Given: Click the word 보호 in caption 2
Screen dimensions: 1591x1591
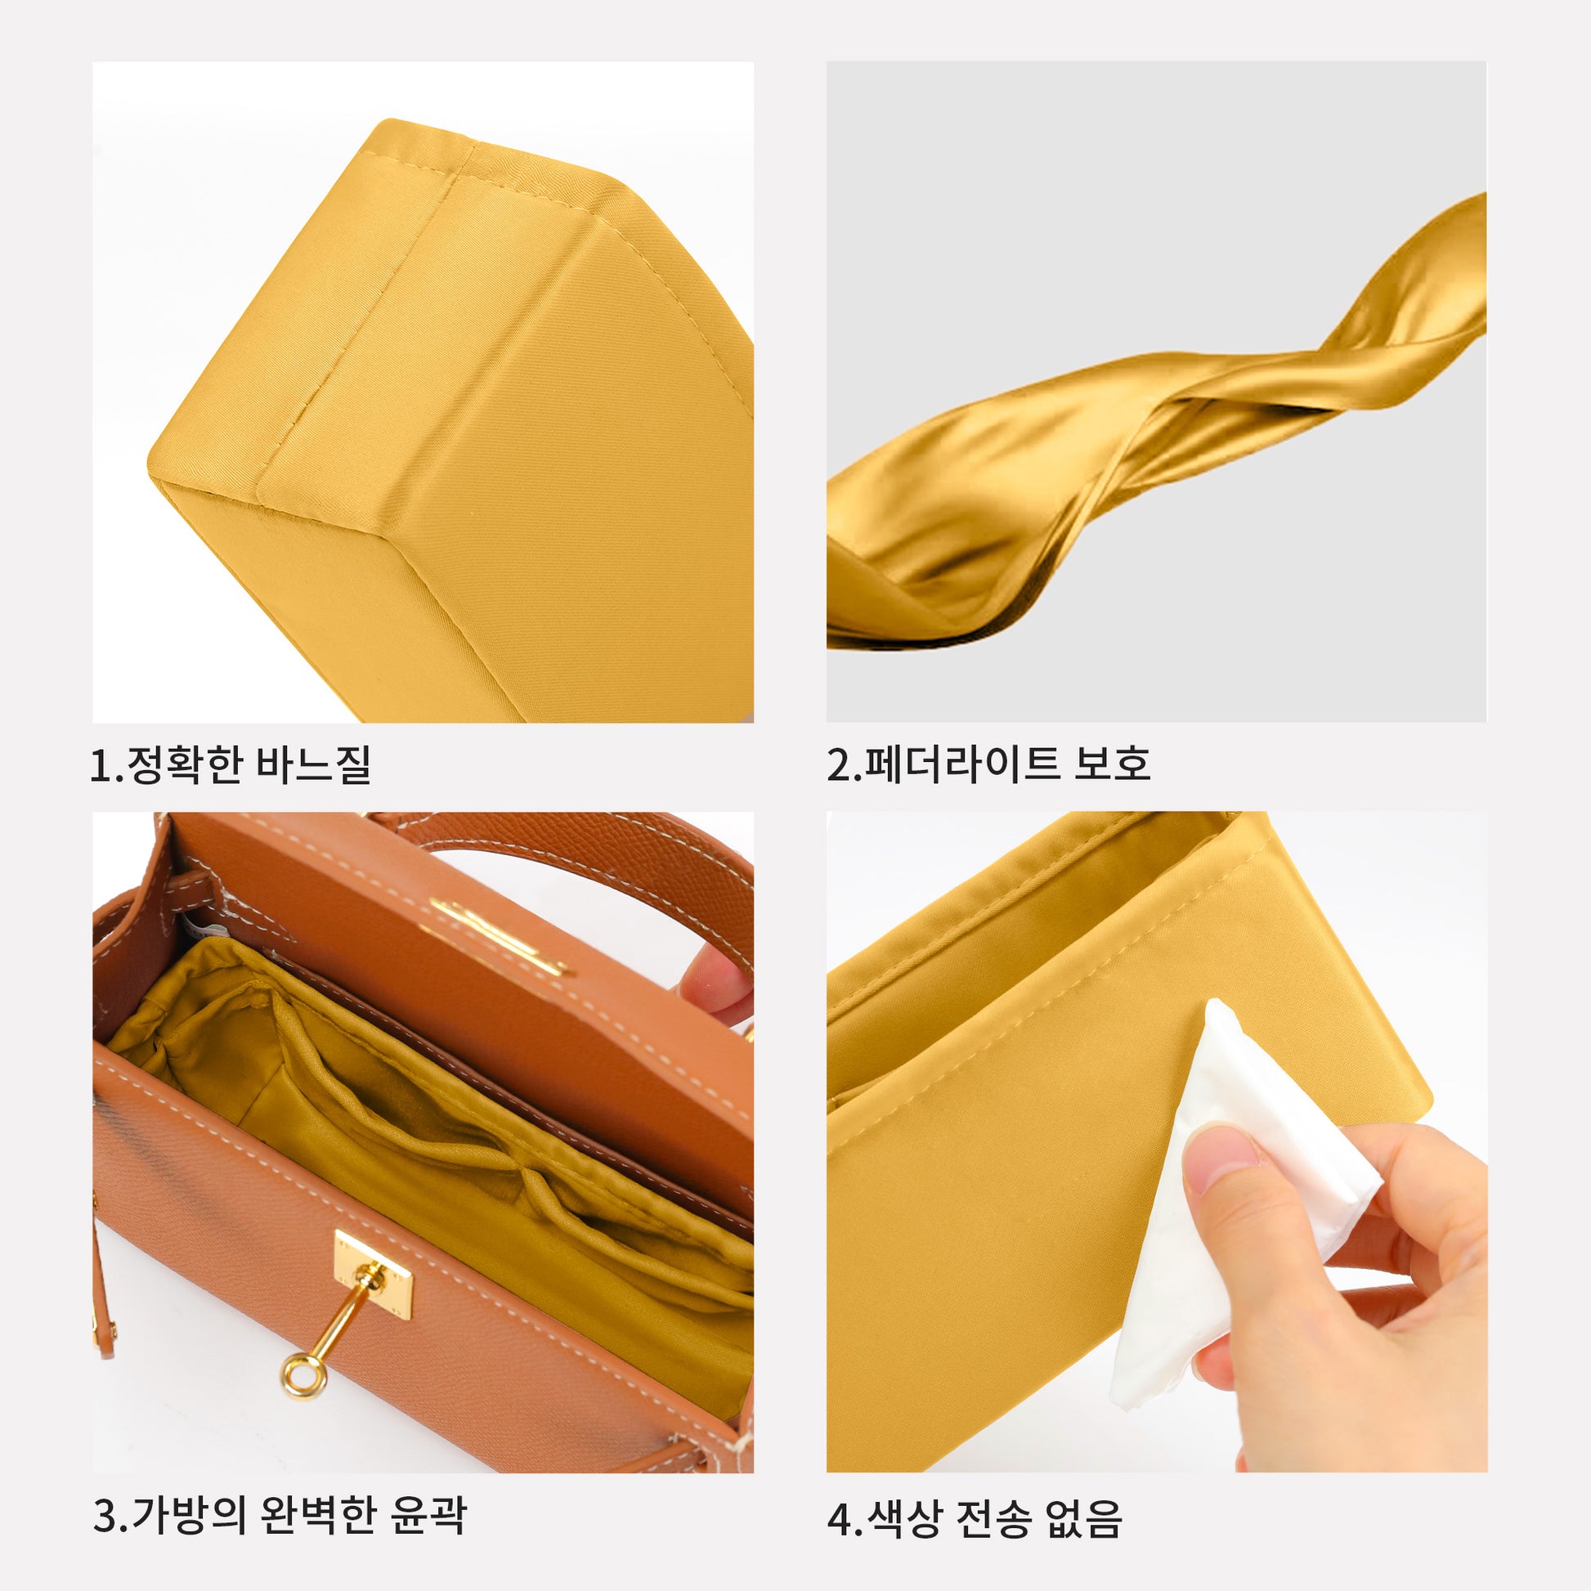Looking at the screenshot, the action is [1112, 764].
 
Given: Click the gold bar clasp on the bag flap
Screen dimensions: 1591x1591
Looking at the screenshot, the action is [500, 937].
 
